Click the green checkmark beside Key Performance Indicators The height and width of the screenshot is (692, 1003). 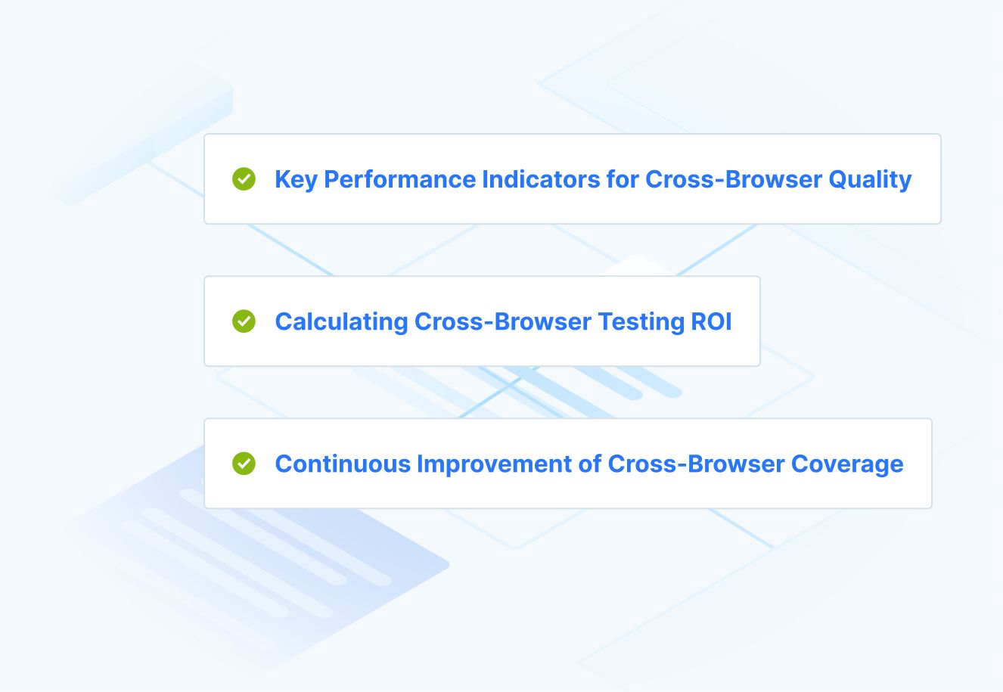click(x=244, y=179)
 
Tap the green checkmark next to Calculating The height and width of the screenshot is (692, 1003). click(x=244, y=321)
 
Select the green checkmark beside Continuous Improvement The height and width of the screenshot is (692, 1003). click(x=244, y=464)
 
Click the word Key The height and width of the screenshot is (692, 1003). click(x=296, y=180)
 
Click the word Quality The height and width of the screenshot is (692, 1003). click(x=870, y=180)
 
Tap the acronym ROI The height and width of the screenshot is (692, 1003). click(x=712, y=322)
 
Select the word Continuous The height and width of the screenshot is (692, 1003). click(x=342, y=464)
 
